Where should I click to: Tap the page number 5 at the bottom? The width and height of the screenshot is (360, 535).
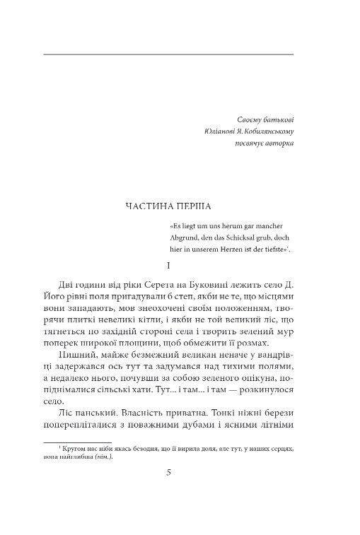point(168,475)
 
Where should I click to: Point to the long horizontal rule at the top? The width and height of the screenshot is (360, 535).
point(168,54)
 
